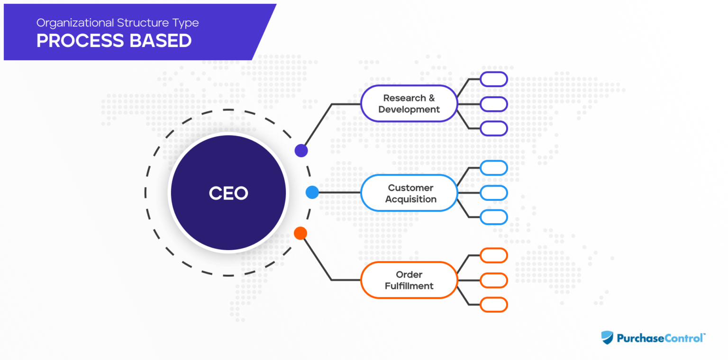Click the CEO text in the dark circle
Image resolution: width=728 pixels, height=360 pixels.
click(228, 193)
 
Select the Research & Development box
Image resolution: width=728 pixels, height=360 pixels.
click(409, 104)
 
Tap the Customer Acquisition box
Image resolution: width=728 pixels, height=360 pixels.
click(409, 193)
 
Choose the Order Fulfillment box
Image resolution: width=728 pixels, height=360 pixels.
click(409, 280)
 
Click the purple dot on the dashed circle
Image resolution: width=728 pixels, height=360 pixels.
click(301, 151)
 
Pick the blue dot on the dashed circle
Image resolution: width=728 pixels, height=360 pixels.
click(312, 192)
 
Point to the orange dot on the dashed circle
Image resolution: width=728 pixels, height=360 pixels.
click(300, 233)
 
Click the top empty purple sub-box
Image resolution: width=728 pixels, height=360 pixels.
click(493, 79)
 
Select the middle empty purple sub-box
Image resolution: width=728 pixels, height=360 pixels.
click(493, 104)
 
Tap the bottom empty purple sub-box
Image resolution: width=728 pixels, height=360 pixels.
click(493, 128)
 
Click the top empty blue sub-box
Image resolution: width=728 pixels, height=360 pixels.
click(493, 168)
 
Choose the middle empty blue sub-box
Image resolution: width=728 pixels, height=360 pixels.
click(493, 193)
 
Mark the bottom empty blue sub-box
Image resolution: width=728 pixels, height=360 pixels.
click(493, 217)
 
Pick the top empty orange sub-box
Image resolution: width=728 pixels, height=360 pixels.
click(493, 255)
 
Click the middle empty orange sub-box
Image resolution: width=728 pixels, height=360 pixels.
click(493, 280)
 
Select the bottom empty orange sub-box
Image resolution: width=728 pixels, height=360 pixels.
click(493, 305)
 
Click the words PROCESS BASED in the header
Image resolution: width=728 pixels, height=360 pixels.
click(114, 41)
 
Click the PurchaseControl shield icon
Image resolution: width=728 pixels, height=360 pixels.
click(607, 338)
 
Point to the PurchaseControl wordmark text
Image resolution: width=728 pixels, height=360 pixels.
click(660, 338)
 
